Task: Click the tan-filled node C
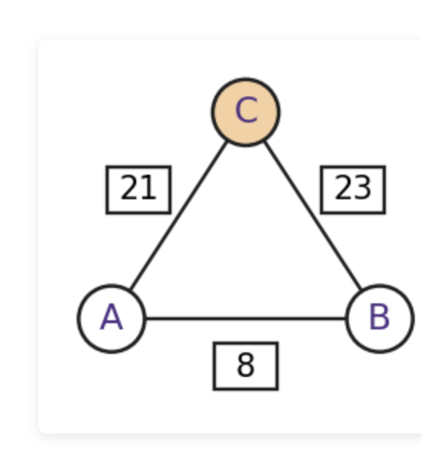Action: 246,112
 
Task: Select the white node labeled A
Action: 112,319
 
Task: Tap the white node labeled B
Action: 380,319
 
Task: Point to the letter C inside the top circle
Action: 246,110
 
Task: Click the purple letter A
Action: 112,317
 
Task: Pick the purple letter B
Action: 380,317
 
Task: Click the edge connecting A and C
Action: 178,215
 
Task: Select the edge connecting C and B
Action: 313,215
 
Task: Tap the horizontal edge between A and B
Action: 246,319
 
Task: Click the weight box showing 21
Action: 139,190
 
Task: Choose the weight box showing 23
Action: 353,190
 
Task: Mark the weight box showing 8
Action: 246,366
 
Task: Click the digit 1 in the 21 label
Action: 148,188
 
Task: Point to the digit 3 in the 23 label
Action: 363,188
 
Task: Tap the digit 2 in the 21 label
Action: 129,188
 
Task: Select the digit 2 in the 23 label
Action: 344,188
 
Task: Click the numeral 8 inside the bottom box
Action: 246,365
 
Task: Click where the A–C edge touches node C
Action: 227,141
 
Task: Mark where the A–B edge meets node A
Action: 145,319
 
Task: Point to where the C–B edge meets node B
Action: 361,290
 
